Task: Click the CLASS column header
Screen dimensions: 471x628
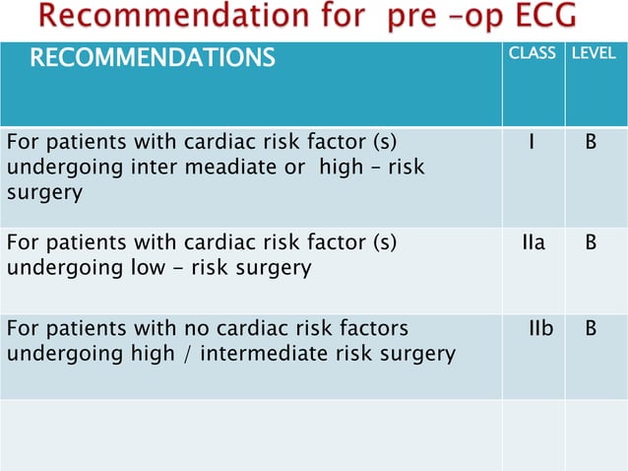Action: (532, 52)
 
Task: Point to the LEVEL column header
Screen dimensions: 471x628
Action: (594, 52)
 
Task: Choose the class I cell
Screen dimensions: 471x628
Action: (532, 142)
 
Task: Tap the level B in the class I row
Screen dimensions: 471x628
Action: (591, 142)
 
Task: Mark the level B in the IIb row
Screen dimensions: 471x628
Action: (591, 327)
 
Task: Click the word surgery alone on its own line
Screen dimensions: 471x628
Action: (44, 192)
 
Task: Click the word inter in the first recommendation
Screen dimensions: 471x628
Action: (152, 168)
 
